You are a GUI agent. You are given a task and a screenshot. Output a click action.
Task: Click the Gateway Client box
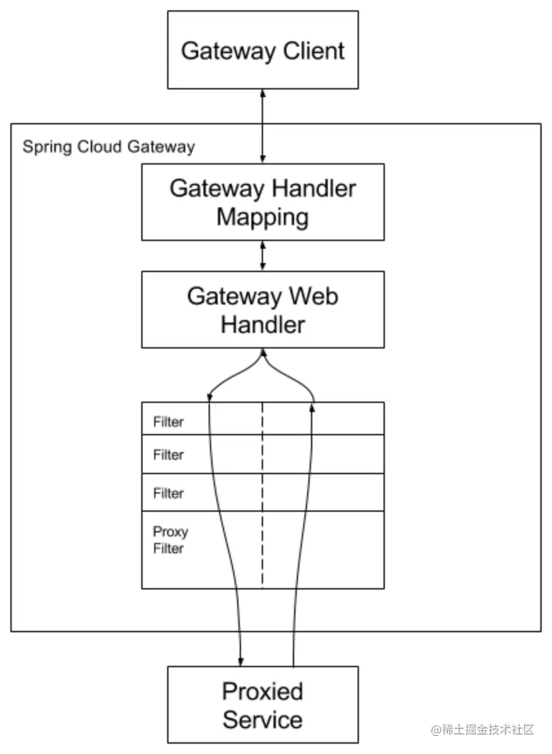[262, 49]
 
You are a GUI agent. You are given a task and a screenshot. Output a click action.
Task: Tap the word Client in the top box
[314, 51]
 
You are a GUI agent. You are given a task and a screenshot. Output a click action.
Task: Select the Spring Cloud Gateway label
[109, 146]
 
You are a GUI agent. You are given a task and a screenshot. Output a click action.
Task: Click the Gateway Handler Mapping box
[262, 202]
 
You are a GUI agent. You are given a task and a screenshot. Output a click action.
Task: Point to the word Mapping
[262, 217]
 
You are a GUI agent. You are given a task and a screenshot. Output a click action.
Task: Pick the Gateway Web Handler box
[262, 309]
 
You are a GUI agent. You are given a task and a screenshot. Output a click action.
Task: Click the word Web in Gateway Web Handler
[314, 296]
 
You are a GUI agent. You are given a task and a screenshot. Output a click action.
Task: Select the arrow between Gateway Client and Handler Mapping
[262, 126]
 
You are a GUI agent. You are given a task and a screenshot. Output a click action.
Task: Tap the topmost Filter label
[168, 422]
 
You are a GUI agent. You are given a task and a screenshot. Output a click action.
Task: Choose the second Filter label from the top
[168, 455]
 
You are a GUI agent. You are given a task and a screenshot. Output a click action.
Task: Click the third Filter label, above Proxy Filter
[168, 493]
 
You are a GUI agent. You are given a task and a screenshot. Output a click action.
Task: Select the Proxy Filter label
[170, 540]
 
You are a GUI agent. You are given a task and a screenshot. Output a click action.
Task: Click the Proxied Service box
[262, 705]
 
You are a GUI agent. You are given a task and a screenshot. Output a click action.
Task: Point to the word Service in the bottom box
[262, 720]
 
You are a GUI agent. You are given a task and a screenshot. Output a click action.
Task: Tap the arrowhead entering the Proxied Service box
[240, 661]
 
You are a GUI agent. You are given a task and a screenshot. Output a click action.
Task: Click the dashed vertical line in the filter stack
[262, 496]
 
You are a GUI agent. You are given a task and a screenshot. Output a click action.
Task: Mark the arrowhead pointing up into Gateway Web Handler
[263, 353]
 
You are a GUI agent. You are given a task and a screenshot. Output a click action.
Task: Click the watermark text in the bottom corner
[482, 729]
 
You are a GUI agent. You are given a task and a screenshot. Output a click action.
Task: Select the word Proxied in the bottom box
[262, 691]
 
